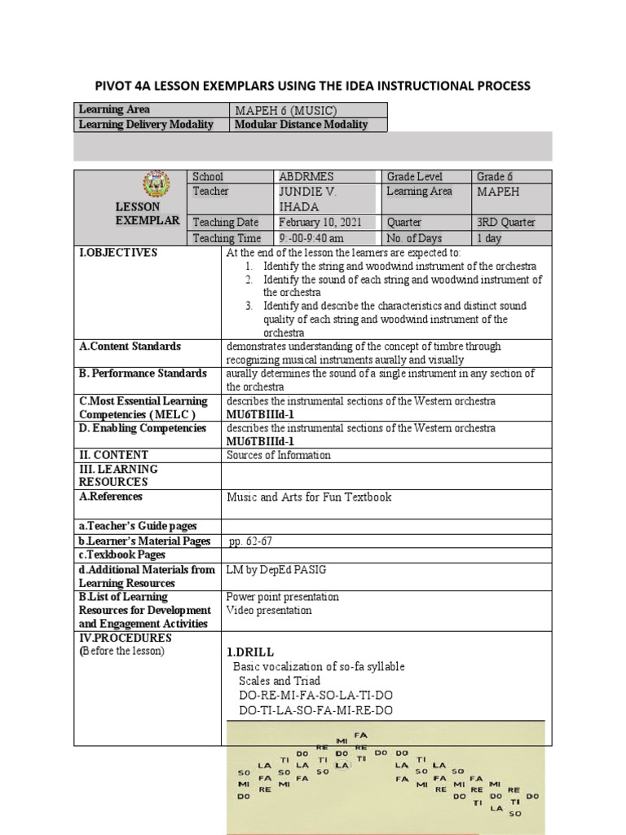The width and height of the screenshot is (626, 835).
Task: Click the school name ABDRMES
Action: click(x=306, y=177)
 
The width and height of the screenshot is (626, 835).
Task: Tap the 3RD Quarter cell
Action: click(x=506, y=223)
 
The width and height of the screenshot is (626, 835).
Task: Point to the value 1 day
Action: click(x=489, y=238)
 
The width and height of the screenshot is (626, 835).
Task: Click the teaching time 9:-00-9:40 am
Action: click(x=312, y=238)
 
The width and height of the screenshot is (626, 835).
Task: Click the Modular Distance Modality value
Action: click(x=301, y=125)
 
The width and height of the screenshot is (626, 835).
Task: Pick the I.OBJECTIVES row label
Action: click(x=118, y=253)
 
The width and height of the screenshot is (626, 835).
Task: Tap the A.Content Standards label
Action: click(x=130, y=347)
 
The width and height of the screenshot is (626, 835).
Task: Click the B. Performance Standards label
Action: click(x=143, y=373)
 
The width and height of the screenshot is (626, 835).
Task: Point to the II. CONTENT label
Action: click(x=113, y=455)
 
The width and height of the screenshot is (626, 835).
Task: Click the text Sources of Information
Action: click(x=279, y=455)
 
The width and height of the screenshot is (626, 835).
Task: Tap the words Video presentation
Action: click(x=269, y=610)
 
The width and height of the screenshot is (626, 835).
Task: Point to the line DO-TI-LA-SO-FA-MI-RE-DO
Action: click(x=315, y=710)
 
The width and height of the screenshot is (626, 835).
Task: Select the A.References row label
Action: click(x=111, y=496)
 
